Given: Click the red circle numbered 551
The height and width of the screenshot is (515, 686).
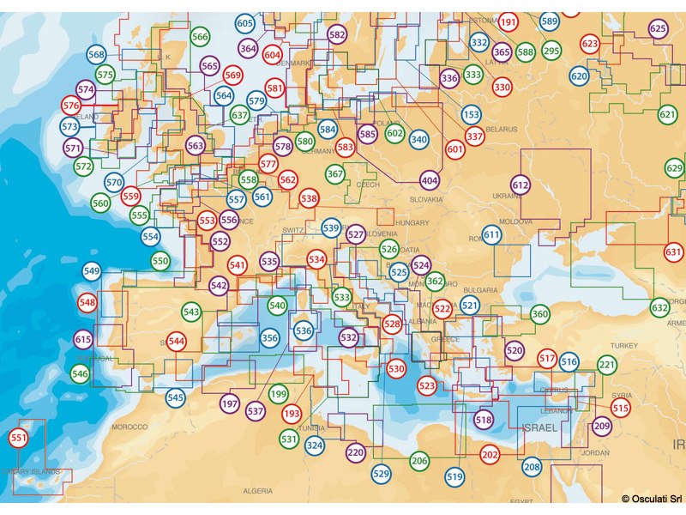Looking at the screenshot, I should tap(18, 439).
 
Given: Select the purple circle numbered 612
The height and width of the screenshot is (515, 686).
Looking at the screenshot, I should tap(521, 185).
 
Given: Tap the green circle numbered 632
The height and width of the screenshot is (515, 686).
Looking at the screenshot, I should tap(659, 307).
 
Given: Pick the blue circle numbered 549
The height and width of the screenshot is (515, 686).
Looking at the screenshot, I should tap(92, 271).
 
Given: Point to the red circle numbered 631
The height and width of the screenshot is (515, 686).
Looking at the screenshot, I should tap(673, 252).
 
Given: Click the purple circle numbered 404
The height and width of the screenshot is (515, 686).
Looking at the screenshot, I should tap(430, 181).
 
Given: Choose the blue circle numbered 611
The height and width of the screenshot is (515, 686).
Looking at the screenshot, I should tap(491, 234).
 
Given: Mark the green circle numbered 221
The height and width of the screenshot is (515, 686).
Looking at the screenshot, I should tap(607, 366).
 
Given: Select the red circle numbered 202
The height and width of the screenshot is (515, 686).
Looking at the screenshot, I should tap(490, 454).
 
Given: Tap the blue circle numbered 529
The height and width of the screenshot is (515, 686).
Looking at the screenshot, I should tap(381, 473).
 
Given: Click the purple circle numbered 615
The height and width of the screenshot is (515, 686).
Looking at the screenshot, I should tap(83, 339).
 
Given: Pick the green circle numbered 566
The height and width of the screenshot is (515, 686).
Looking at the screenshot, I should tap(200, 37).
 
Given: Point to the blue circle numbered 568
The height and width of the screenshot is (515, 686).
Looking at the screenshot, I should tap(97, 55).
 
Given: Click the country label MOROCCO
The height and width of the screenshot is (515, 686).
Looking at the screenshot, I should tap(130, 427).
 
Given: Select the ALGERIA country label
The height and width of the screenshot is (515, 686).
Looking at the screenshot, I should tap(257, 491).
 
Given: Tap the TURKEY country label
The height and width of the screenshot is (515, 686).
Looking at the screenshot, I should tap(624, 345).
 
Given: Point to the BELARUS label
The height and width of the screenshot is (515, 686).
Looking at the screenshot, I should tap(502, 130).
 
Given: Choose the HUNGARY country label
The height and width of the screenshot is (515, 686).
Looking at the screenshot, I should tap(412, 223).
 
